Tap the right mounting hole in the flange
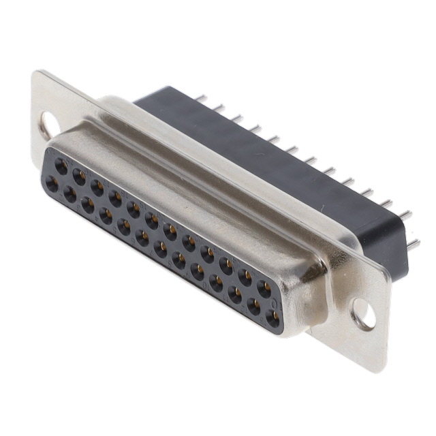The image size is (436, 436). [x=363, y=313]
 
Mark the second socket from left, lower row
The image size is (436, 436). [x=69, y=195]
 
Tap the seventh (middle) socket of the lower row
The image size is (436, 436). [x=161, y=249]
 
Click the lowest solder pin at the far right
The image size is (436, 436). [x=413, y=243]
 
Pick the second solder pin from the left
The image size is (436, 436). [x=219, y=108]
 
